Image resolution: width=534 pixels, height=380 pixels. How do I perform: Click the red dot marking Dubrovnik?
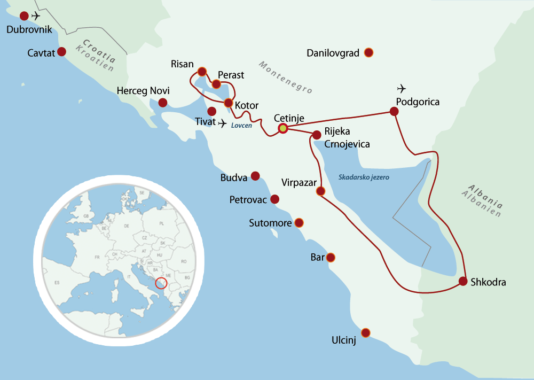[24, 16]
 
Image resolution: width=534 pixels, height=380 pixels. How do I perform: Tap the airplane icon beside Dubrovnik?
[36, 16]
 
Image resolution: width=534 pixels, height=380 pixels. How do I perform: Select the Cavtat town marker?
[61, 52]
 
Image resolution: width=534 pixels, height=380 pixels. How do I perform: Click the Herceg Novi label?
[143, 91]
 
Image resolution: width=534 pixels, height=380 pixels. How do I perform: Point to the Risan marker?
[202, 71]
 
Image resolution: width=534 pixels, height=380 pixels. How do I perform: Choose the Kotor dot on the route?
[229, 103]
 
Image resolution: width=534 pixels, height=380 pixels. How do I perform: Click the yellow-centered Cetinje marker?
[282, 128]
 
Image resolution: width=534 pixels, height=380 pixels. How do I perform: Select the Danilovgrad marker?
[368, 52]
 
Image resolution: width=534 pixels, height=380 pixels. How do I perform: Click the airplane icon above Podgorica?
[402, 88]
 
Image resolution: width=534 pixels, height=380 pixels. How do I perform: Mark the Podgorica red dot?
[394, 111]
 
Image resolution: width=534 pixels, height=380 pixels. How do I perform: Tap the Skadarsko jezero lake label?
[364, 177]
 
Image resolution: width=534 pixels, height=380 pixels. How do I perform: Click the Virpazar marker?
[320, 191]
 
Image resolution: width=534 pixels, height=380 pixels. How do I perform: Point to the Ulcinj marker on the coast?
[365, 332]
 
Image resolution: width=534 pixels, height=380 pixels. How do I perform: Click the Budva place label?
[234, 177]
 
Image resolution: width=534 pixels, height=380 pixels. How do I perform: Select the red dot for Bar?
[331, 258]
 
